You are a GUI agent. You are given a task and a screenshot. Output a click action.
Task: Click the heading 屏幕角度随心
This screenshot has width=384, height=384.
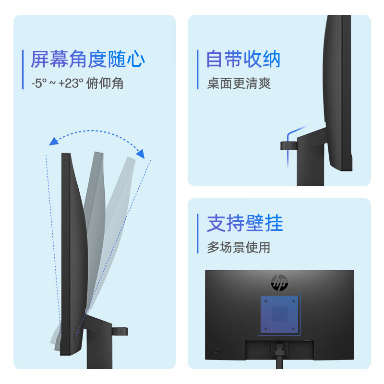pos(88,59)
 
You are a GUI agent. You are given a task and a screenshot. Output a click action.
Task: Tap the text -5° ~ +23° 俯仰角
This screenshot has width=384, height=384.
pos(77,83)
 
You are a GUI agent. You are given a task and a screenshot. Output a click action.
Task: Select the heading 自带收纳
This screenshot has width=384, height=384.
pos(243,59)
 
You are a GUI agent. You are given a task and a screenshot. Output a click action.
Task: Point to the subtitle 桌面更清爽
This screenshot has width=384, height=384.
pos(239,83)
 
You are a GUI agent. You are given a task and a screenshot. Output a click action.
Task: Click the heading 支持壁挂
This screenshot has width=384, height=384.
pos(245,223)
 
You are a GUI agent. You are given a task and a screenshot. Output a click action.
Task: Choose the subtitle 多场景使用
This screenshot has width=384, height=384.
pos(239,247)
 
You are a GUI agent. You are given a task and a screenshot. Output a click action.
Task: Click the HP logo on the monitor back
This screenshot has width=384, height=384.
pos(279,283)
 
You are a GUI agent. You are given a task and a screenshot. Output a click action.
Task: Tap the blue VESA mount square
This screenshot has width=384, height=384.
pos(279,314)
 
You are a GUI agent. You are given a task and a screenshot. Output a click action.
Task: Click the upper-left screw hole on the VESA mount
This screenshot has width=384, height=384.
pos(266,301)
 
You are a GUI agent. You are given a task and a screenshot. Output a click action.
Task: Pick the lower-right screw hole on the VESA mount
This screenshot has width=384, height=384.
pos(293,328)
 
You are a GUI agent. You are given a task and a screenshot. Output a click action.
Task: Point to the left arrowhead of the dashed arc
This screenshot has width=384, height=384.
pos(53,142)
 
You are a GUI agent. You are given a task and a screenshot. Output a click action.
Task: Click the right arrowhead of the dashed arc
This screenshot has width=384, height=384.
pos(141,154)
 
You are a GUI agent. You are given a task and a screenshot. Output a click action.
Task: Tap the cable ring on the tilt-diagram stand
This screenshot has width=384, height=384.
pos(120,331)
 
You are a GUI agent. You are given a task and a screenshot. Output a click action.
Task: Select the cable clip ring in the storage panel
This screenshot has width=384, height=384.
pos(289,146)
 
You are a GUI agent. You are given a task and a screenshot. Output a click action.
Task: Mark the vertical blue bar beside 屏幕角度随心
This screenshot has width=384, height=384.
pos(23,70)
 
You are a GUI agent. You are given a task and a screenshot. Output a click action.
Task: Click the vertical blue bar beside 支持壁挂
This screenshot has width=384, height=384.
pos(198,233)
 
